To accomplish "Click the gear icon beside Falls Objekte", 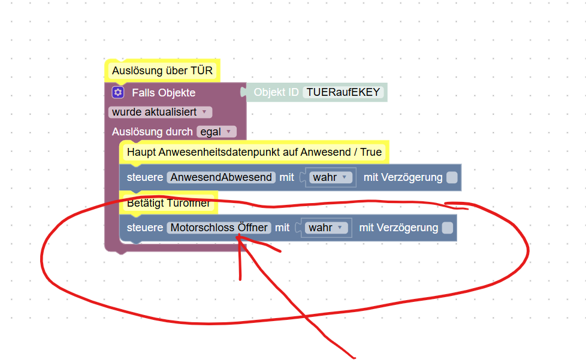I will [118, 92].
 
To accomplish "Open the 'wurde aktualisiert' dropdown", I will [160, 112].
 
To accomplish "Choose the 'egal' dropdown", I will [216, 132].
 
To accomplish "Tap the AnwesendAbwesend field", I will [221, 177].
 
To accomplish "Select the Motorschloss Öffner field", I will [219, 228].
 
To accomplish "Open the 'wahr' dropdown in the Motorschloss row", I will [326, 228].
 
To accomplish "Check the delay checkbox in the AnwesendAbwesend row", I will [452, 177].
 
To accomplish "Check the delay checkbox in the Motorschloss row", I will [447, 228].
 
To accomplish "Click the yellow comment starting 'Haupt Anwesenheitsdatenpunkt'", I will [254, 152].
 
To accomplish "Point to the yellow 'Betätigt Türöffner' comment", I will [168, 204].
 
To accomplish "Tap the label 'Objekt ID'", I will [276, 92].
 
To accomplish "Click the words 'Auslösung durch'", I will [152, 132].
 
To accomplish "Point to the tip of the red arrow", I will [239, 237].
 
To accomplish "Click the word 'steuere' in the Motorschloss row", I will [145, 228].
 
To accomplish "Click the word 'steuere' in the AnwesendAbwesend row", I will [145, 177].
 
